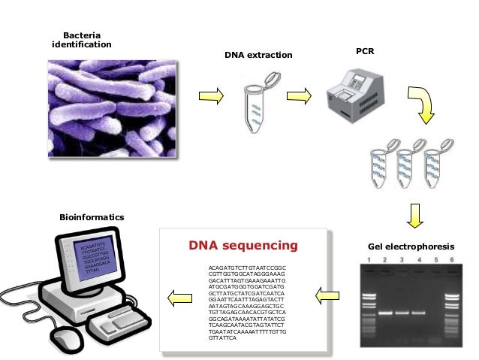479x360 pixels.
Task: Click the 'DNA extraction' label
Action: [258, 56]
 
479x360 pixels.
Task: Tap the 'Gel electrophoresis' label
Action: [411, 247]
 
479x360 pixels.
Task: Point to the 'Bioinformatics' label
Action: [92, 217]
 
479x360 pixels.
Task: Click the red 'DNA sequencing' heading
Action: [243, 246]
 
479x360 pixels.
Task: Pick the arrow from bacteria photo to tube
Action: [210, 96]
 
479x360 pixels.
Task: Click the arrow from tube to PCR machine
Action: [299, 96]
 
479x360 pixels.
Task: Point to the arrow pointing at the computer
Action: [178, 299]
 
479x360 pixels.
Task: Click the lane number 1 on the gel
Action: [369, 260]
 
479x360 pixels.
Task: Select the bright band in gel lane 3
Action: [402, 312]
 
